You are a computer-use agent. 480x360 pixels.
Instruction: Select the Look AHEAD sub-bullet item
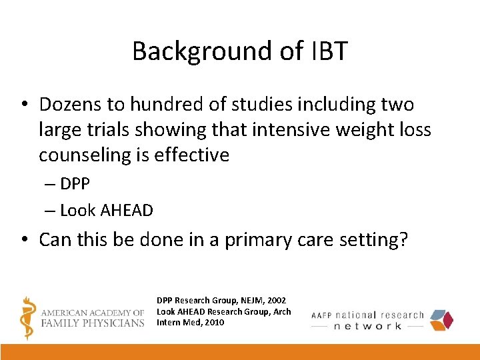[x=107, y=211]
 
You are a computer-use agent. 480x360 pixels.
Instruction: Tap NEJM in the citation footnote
[x=248, y=301]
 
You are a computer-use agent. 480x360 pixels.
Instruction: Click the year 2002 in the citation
[x=277, y=301]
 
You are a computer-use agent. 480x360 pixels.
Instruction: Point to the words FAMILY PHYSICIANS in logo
[x=92, y=323]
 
